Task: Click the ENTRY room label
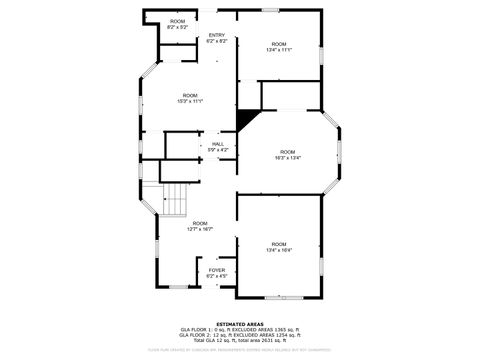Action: [x=217, y=36]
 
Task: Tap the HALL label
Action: [x=217, y=144]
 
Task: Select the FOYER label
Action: [x=217, y=270]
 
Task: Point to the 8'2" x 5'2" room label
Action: [x=178, y=27]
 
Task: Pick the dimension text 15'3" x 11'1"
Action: [x=190, y=101]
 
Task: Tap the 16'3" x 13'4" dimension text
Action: [x=288, y=157]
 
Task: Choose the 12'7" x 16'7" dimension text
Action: [x=200, y=229]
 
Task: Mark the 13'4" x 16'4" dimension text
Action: [x=278, y=250]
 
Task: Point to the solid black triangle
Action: [x=244, y=120]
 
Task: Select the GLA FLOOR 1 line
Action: [x=240, y=329]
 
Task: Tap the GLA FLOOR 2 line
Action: [x=240, y=334]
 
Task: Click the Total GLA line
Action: [x=240, y=340]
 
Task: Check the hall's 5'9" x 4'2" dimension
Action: [x=217, y=150]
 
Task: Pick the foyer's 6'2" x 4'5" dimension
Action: [x=217, y=276]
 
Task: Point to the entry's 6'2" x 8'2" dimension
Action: [x=217, y=42]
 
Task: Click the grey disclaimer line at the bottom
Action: [x=240, y=350]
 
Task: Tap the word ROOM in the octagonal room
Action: [x=288, y=151]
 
